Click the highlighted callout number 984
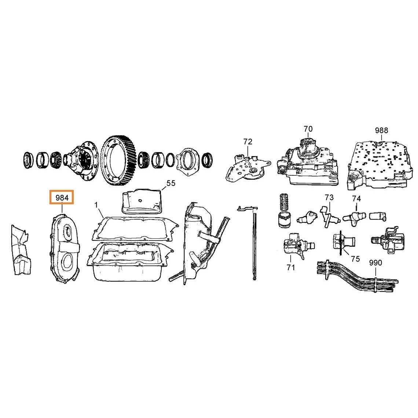pos(62,198)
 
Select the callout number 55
pos(171,183)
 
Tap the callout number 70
pos(308,129)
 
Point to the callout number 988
pos(381,131)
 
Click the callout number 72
pos(247,142)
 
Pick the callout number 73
pos(329,198)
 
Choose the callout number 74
pos(356,199)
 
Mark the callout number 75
pos(356,258)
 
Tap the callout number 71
pos(291,267)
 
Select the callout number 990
pos(375,263)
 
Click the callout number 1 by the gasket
pos(96,205)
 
